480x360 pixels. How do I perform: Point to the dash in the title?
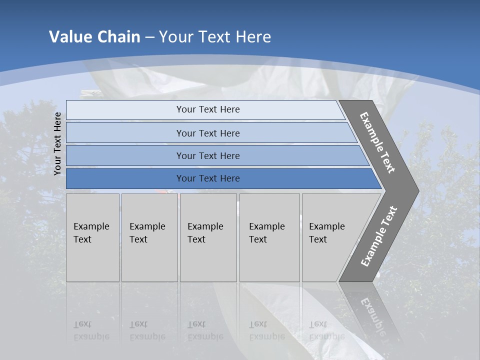tap(150, 37)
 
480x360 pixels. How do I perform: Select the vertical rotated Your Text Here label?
tap(57, 143)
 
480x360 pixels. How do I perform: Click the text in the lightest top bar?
tap(208, 109)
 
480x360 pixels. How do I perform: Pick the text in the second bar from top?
tap(208, 133)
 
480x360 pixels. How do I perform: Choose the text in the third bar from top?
tap(208, 156)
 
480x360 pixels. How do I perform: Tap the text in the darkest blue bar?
tap(208, 178)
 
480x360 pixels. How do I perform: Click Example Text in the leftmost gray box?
tap(91, 233)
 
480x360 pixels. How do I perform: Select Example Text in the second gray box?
tap(147, 233)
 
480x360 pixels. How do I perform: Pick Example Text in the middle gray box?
tap(205, 233)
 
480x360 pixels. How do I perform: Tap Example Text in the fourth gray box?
tap(266, 233)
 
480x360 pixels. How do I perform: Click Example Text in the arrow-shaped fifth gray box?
tap(326, 233)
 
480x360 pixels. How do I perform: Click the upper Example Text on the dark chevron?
tap(377, 142)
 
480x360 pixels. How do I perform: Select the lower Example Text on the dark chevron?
tap(378, 236)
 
